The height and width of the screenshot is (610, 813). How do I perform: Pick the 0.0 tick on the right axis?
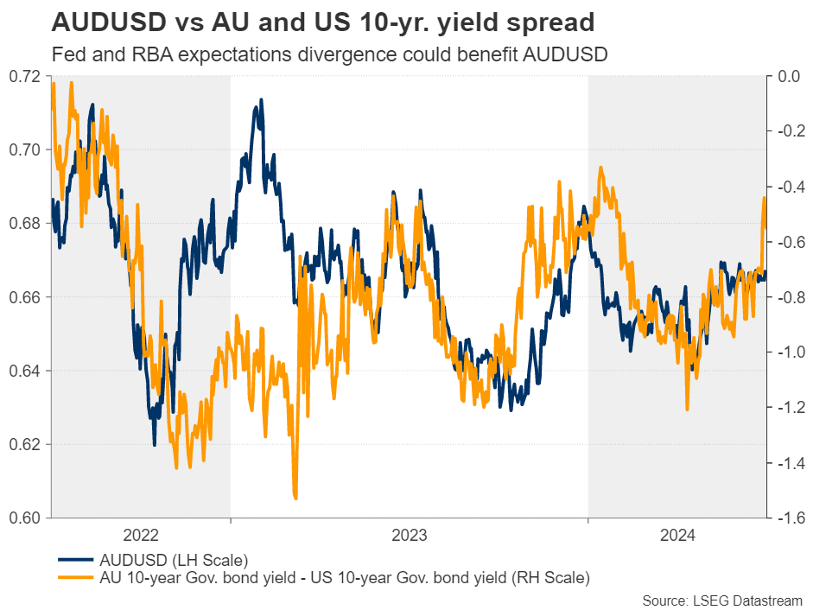point(789,76)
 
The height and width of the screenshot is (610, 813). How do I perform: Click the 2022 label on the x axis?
point(141,536)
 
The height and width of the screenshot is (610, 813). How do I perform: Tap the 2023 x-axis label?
point(409,536)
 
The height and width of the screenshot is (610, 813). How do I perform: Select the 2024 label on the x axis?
point(677,536)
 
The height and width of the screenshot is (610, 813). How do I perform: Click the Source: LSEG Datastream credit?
point(722,600)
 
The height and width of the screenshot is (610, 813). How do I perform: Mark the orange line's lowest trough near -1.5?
point(295,498)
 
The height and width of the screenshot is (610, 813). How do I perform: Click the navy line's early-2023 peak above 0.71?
point(257,102)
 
